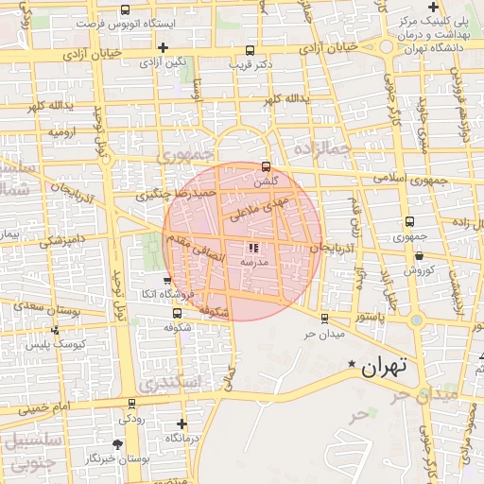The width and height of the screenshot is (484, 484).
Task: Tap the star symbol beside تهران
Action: pyautogui.click(x=353, y=364)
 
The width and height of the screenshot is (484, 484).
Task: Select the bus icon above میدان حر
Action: pyautogui.click(x=325, y=319)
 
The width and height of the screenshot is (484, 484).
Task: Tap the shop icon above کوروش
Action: pyautogui.click(x=418, y=255)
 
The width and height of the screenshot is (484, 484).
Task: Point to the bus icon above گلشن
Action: pyautogui.click(x=266, y=165)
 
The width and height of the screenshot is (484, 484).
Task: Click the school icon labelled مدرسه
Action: pyautogui.click(x=251, y=247)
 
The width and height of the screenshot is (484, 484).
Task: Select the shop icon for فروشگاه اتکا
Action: pyautogui.click(x=167, y=281)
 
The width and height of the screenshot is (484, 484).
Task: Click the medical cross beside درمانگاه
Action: pyautogui.click(x=182, y=423)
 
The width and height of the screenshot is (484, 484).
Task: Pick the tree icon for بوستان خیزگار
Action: pyautogui.click(x=117, y=443)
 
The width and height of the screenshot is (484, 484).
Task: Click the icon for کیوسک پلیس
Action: pyautogui.click(x=56, y=330)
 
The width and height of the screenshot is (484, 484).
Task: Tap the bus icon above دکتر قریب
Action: pyautogui.click(x=250, y=51)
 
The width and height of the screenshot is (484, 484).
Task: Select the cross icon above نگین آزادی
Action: pyautogui.click(x=164, y=46)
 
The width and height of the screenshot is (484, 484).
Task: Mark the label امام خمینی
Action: pyautogui.click(x=44, y=408)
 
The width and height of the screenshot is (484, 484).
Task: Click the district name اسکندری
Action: pyautogui.click(x=169, y=382)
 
